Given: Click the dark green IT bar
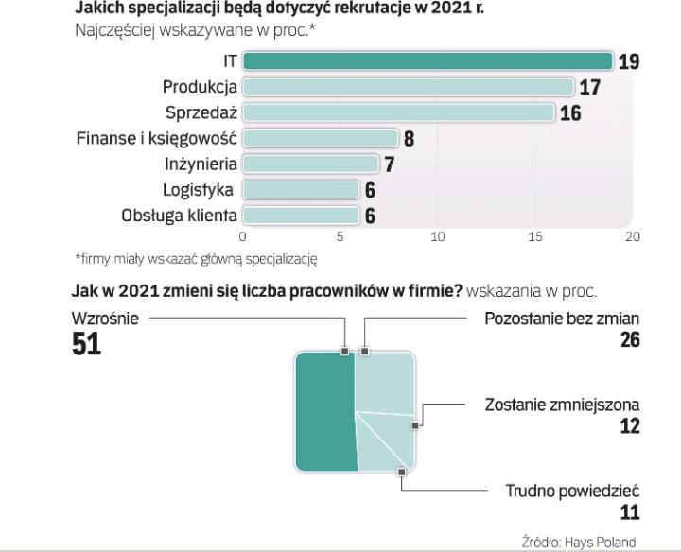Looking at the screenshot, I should [428, 61].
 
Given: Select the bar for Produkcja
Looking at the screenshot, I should [409, 87].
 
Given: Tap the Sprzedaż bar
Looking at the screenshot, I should [398, 112].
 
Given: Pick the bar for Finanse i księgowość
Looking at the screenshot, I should [321, 138].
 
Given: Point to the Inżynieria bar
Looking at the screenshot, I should [311, 164].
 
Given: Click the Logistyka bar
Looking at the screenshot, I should [302, 189].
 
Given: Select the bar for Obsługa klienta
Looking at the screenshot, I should [302, 215].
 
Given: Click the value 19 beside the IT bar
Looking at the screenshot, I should [629, 62].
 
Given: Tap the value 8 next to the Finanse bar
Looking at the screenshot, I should [409, 139].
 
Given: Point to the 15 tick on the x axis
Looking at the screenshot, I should [535, 236].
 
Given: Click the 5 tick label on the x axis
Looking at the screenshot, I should [340, 236].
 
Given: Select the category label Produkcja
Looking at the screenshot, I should [200, 87].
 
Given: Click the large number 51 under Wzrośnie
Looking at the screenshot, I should [87, 346].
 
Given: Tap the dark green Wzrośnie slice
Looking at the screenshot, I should [326, 411].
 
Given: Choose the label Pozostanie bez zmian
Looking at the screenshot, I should [562, 319].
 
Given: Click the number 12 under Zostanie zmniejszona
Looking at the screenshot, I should [629, 425].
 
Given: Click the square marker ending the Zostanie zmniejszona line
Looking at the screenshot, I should [415, 425].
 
